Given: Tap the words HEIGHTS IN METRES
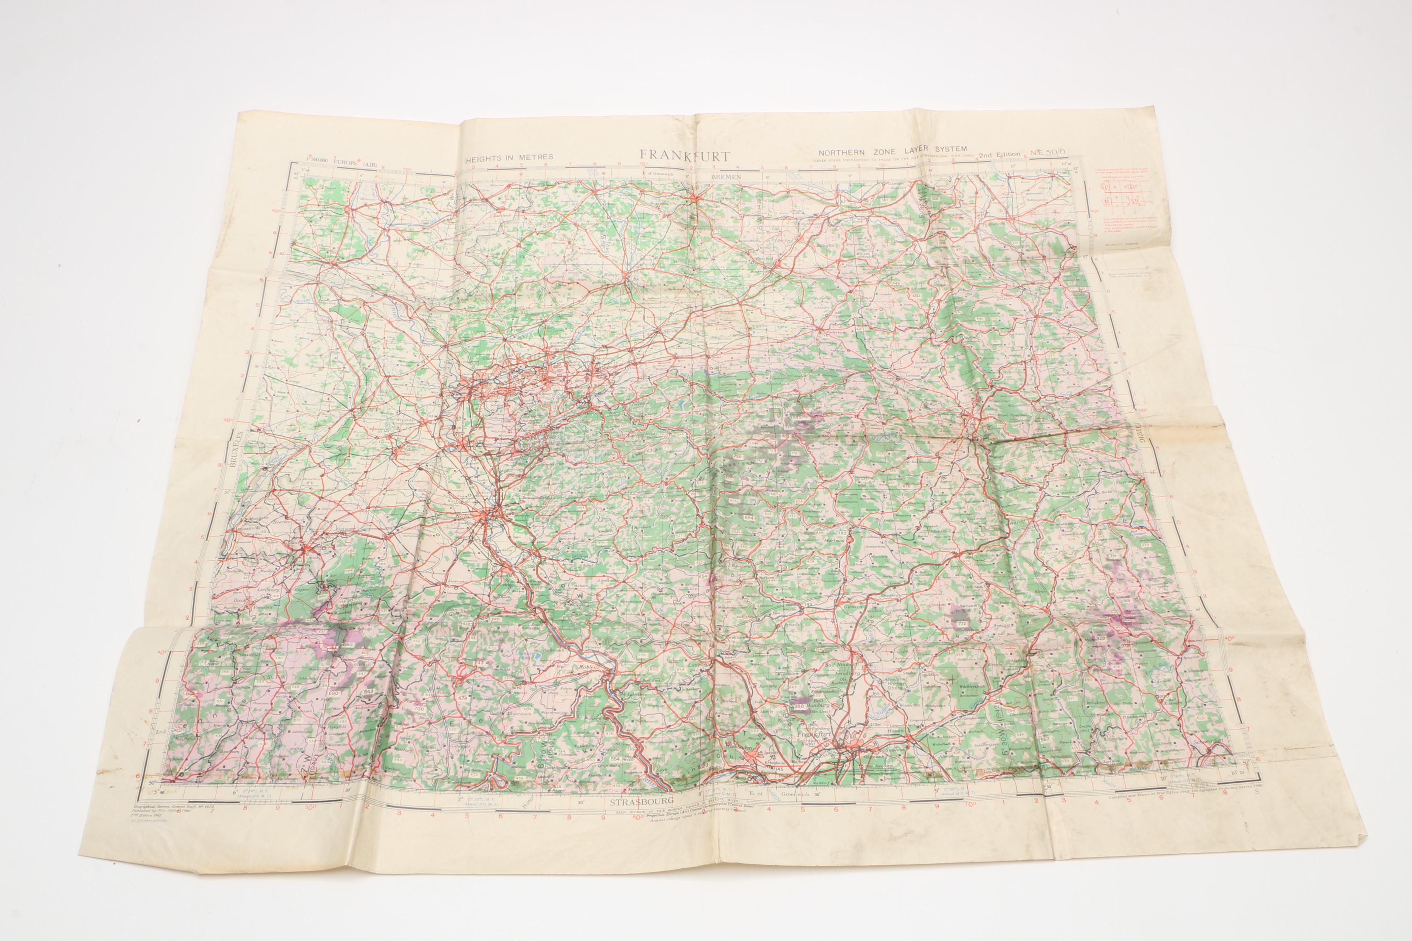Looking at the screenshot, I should coord(510,157).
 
